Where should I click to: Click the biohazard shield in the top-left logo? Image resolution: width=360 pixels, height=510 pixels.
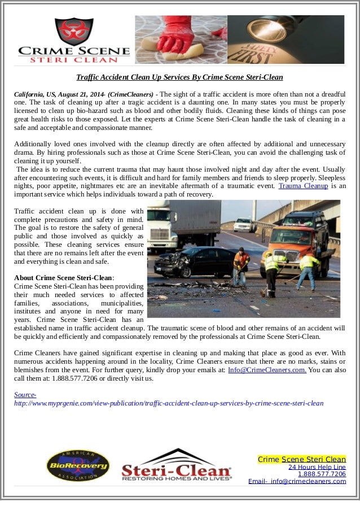(74, 31)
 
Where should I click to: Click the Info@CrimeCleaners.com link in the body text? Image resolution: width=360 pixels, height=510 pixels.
(267, 370)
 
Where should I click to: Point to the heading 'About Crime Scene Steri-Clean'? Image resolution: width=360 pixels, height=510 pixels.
(64, 278)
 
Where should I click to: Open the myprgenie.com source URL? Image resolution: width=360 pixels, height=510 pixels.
(169, 403)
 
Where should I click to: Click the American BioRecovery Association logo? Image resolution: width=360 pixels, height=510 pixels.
(78, 465)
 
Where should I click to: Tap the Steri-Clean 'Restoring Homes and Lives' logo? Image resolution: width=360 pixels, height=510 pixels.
(177, 465)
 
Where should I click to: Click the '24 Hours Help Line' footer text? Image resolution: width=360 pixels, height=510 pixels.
(317, 467)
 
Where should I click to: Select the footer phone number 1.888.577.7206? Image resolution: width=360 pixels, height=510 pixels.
(322, 474)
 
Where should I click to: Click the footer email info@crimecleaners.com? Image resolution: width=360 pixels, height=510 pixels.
(308, 482)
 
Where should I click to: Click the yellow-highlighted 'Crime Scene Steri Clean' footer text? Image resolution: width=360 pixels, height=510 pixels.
(301, 459)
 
